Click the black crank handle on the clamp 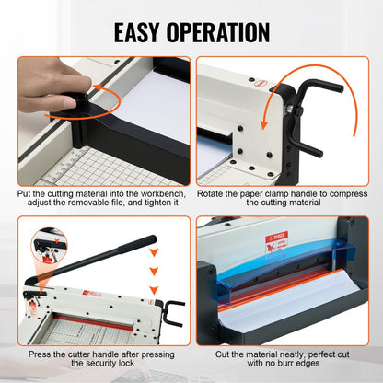322,93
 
